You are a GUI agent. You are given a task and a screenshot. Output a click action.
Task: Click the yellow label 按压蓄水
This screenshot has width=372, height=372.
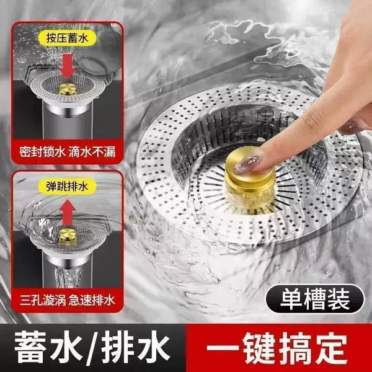(68, 38)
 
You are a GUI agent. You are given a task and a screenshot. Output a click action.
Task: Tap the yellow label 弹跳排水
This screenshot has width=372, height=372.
(68, 187)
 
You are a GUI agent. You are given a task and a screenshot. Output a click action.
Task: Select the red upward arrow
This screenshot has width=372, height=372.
(68, 213)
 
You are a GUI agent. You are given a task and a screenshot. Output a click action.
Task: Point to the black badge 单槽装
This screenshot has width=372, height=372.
(315, 299)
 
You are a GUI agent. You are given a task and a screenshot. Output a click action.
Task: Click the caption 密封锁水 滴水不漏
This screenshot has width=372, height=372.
(68, 152)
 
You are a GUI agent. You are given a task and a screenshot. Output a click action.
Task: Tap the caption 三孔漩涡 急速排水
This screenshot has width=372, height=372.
(68, 300)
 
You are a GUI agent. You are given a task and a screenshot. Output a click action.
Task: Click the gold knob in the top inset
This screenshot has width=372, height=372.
(68, 89)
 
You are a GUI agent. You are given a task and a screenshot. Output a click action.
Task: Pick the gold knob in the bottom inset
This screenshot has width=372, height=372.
(68, 236)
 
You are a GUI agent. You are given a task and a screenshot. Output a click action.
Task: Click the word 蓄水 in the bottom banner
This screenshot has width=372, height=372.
(47, 347)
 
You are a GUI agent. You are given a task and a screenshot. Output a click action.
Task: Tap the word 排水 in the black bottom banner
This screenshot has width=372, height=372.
(135, 347)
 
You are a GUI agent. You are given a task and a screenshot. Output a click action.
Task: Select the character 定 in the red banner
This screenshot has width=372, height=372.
(330, 347)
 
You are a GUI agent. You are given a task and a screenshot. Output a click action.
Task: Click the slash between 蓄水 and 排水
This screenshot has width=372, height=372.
(91, 348)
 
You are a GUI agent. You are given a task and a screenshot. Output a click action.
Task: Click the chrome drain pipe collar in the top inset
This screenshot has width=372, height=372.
(68, 108)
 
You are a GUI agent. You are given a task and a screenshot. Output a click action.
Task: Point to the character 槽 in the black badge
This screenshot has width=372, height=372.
(315, 299)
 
